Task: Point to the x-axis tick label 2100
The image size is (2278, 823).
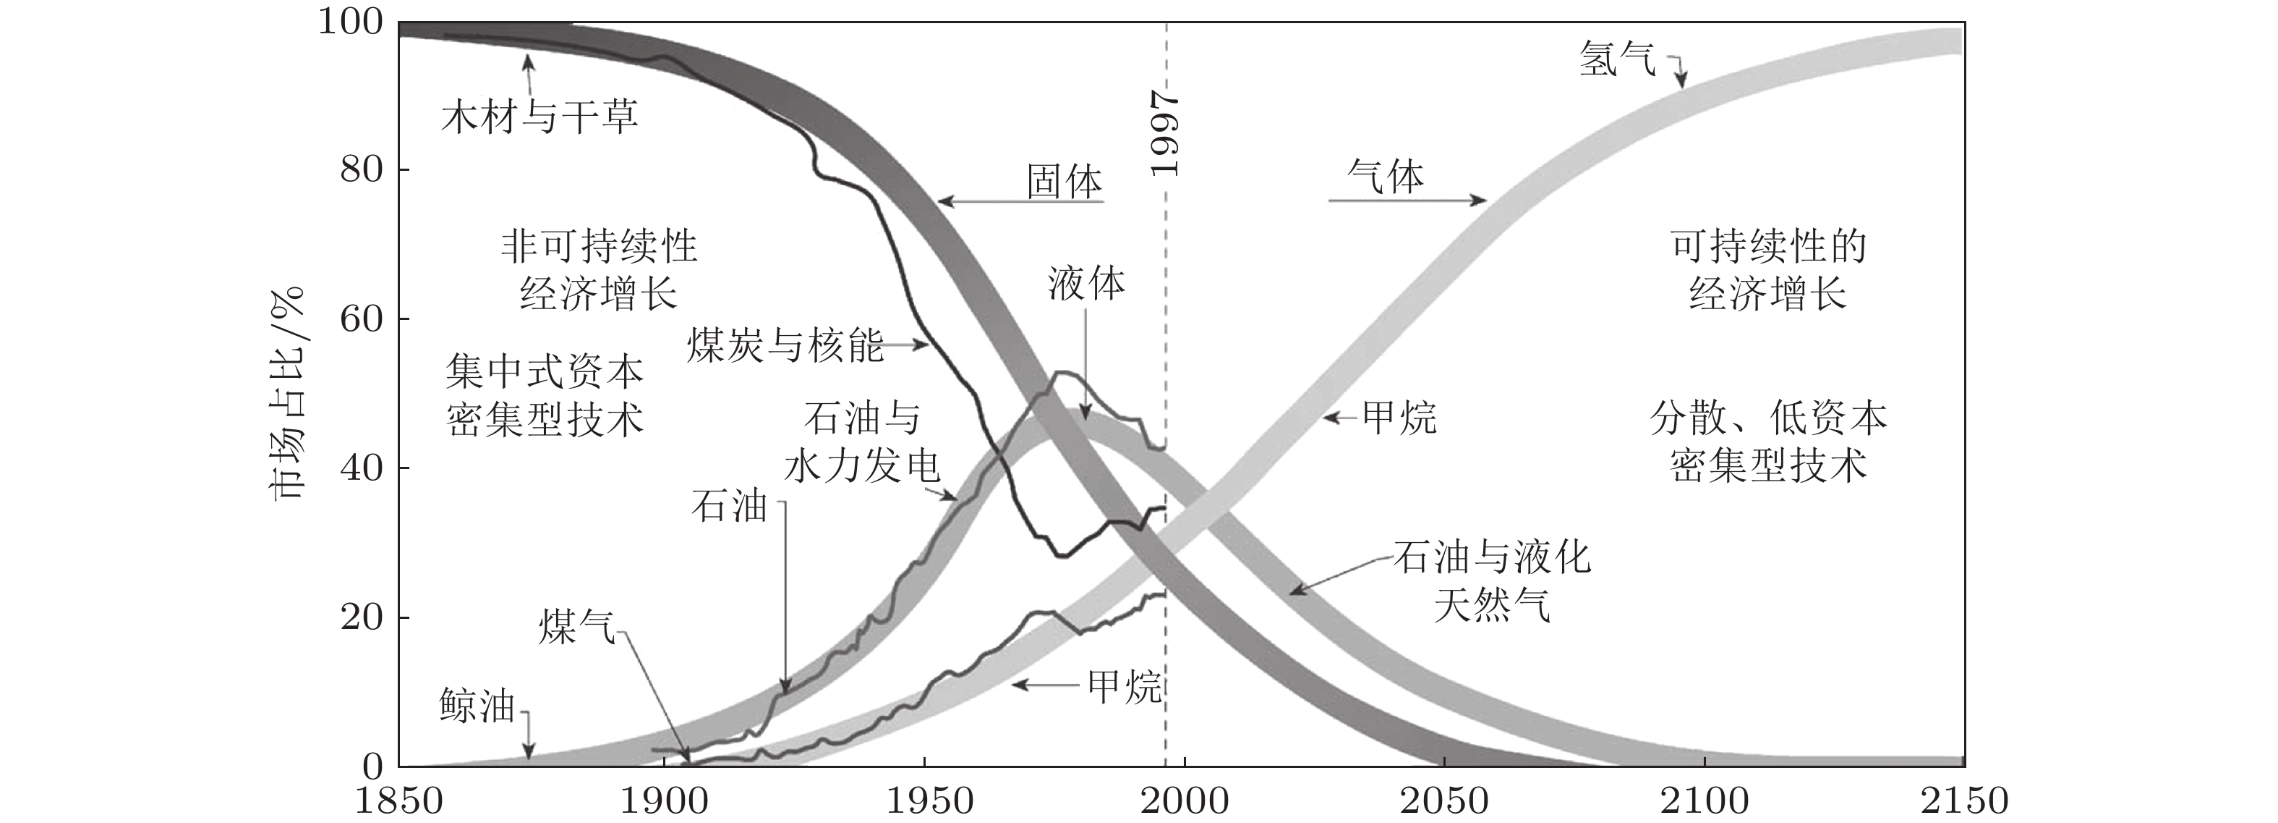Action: (x=1704, y=801)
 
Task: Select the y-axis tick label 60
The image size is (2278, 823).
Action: (x=362, y=318)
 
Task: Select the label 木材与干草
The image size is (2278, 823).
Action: (x=539, y=117)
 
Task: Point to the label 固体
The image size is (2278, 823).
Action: (x=1064, y=182)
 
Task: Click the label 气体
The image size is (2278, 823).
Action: (x=1385, y=177)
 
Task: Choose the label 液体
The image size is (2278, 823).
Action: (x=1086, y=283)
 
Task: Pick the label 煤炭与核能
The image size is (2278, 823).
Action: (x=785, y=345)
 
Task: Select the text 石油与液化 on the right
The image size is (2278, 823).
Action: (x=1492, y=557)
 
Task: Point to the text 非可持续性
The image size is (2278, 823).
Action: (x=599, y=246)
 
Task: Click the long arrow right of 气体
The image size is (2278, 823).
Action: (x=1406, y=201)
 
